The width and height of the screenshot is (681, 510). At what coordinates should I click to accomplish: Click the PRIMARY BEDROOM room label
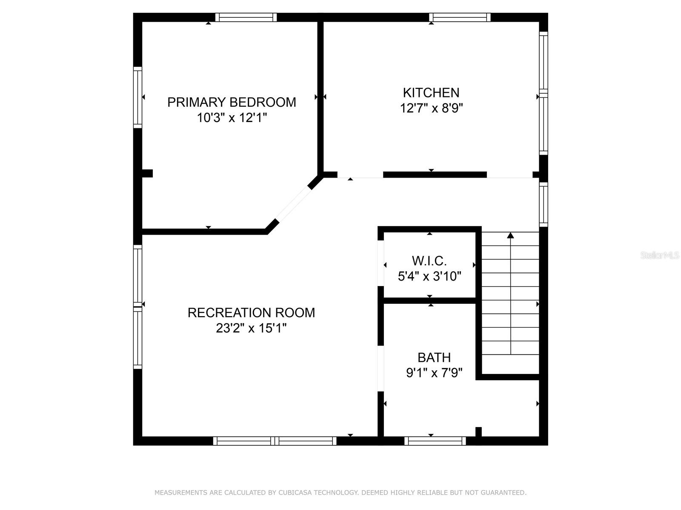(x=232, y=102)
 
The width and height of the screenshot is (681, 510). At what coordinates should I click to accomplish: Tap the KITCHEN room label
(x=431, y=93)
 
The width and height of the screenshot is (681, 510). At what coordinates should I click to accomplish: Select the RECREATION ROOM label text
(x=251, y=313)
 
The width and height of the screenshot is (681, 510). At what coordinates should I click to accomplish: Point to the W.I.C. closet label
(x=429, y=261)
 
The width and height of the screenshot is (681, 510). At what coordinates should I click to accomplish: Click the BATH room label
(x=434, y=358)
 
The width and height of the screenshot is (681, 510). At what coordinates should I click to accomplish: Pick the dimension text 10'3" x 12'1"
(x=232, y=118)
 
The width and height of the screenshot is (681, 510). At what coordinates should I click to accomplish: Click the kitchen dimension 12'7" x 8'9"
(x=431, y=108)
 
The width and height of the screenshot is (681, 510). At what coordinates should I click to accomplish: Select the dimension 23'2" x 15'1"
(x=251, y=328)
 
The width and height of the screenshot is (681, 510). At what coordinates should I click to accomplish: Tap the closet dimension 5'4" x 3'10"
(x=429, y=276)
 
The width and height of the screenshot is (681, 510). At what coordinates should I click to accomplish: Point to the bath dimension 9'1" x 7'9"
(x=434, y=373)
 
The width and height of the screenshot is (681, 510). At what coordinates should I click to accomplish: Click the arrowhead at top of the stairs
(x=510, y=235)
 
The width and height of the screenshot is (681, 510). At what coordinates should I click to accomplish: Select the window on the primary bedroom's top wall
(x=246, y=17)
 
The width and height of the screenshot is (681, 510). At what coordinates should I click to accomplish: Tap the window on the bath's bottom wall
(x=435, y=441)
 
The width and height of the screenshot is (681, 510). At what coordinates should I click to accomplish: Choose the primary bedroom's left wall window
(x=138, y=97)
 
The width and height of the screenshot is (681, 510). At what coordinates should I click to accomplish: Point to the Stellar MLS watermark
(x=660, y=255)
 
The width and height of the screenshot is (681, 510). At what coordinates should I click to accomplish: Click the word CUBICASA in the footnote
(x=295, y=492)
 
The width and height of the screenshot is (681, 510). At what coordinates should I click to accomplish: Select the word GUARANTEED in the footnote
(x=507, y=492)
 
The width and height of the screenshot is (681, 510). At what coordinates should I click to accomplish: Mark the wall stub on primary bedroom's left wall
(x=147, y=173)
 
